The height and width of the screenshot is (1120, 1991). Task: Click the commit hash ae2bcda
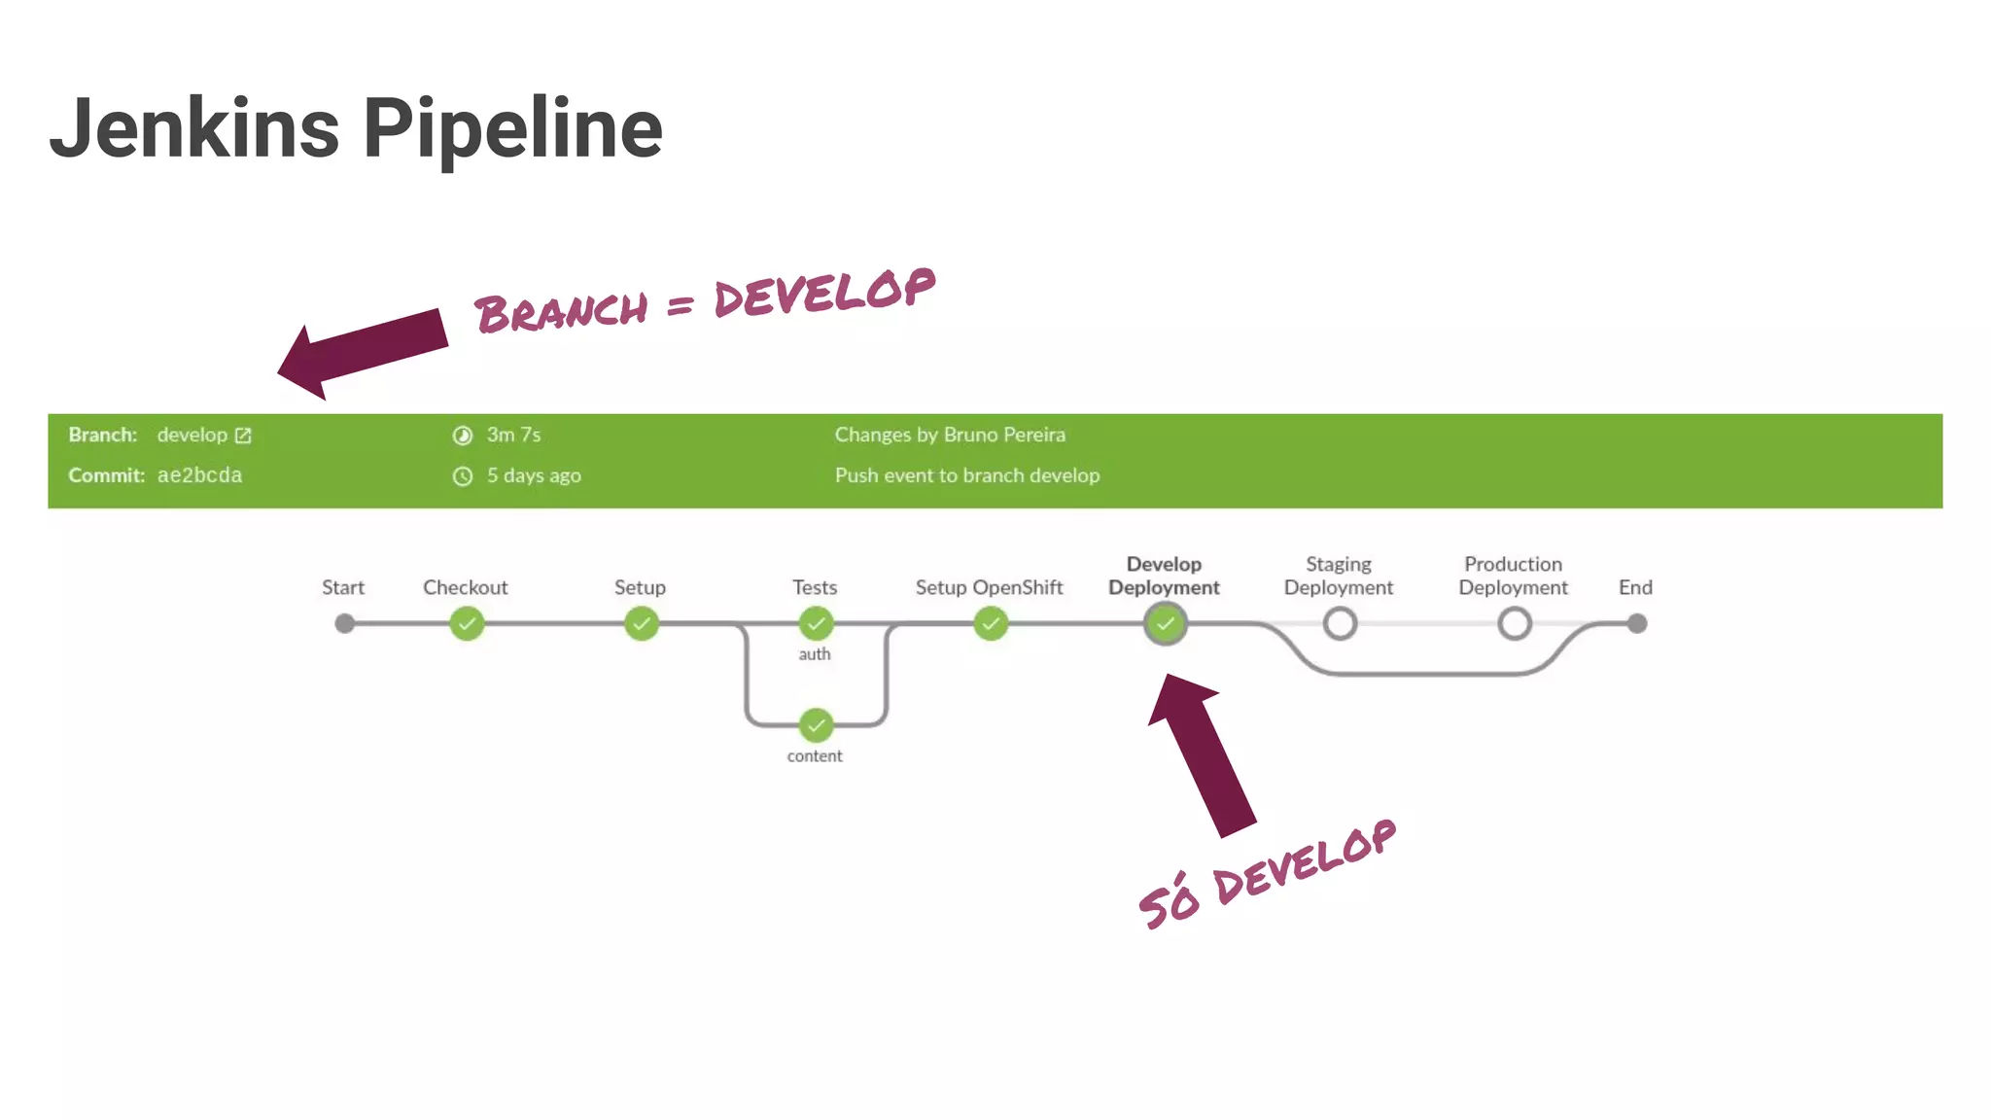(199, 475)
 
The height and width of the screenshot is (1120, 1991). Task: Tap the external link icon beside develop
(243, 436)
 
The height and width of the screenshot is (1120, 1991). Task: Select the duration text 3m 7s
(513, 435)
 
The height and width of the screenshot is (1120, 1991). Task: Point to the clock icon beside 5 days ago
(463, 476)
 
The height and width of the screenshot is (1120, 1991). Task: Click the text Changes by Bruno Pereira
(950, 435)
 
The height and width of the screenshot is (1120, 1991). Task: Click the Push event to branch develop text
(967, 475)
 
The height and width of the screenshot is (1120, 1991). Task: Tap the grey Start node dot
(344, 623)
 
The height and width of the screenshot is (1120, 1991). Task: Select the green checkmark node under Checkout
(467, 623)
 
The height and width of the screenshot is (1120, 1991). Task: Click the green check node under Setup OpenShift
(991, 623)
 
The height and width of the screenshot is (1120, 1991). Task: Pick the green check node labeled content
(816, 724)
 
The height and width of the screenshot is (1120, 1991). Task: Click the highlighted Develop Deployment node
(1165, 623)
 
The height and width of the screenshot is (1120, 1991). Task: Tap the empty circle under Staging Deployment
(1340, 623)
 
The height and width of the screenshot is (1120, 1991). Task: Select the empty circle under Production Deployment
(1514, 623)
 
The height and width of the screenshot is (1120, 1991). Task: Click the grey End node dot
(1637, 623)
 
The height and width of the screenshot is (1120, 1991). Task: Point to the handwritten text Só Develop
(1267, 874)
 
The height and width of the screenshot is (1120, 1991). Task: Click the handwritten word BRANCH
(561, 312)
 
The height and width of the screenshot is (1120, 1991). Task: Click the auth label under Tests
(815, 654)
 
